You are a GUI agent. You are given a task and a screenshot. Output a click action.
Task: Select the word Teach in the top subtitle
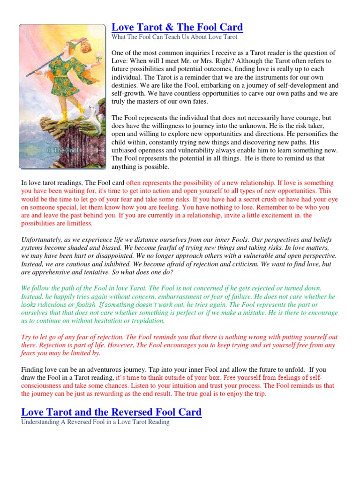point(176,37)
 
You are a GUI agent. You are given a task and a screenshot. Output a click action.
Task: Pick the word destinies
point(127,86)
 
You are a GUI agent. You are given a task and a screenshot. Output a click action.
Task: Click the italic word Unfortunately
point(43,240)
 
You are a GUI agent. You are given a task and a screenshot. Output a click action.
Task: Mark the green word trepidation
point(143,321)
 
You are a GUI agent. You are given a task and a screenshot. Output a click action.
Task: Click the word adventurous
point(121,368)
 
